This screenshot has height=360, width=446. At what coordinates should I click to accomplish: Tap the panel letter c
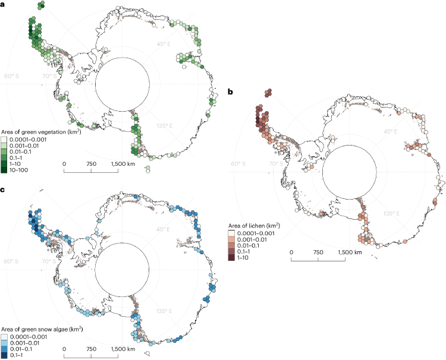tap(3, 190)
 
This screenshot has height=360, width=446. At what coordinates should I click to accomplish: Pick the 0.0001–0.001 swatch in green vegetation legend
tap(5, 139)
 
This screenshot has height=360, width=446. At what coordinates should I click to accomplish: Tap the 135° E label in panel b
tap(392, 213)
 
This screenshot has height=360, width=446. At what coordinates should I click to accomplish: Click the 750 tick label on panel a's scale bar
tap(91, 163)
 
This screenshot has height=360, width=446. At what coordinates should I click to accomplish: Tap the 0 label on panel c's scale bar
tap(64, 349)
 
